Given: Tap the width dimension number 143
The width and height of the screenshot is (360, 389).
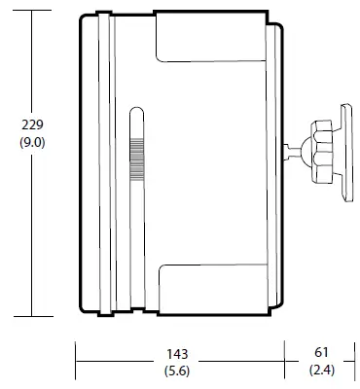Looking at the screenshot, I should point(176,353).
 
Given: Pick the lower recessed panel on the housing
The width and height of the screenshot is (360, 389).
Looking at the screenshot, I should point(209,284).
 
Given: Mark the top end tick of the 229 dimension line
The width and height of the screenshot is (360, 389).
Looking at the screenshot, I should point(32,15).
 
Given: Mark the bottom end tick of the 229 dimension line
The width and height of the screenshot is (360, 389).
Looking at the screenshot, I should point(32,315).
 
